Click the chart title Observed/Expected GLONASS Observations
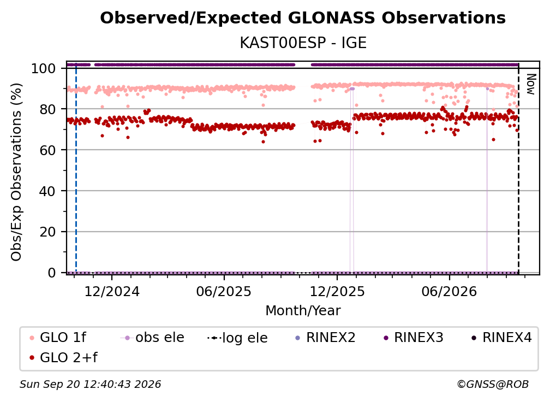pos(303,18)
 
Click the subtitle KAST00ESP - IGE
pos(303,43)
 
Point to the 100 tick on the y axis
pos(43,68)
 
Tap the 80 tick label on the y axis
pos(47,109)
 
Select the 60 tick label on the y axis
pos(47,150)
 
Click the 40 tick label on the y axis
pos(47,191)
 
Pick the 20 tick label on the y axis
pos(47,232)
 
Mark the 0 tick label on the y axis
pos(51,273)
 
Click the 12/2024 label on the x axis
pos(112,291)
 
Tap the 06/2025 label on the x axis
pos(224,291)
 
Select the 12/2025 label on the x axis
pos(337,291)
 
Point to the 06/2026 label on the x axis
pos(450,291)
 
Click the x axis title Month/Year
pos(303,310)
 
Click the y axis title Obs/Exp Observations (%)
pos(16,172)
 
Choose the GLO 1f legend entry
pos(57,338)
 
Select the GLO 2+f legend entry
pos(63,357)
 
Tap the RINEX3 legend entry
pos(414,338)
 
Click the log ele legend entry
pos(237,338)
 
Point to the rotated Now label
pos(530,84)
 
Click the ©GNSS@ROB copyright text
pos(493,384)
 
